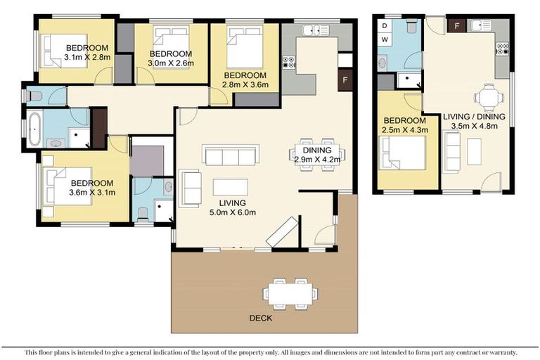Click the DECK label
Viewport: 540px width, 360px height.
[260, 318]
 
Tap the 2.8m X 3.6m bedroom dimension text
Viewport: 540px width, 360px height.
[245, 86]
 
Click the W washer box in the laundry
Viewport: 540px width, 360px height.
[385, 39]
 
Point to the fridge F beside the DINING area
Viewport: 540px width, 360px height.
[345, 79]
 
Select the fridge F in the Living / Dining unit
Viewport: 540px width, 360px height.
[457, 27]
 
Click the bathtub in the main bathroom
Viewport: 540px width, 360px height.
[33, 128]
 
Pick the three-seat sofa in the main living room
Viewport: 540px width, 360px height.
[231, 155]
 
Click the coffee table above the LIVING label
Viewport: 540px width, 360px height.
[230, 187]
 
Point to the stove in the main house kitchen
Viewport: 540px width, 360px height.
[289, 63]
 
